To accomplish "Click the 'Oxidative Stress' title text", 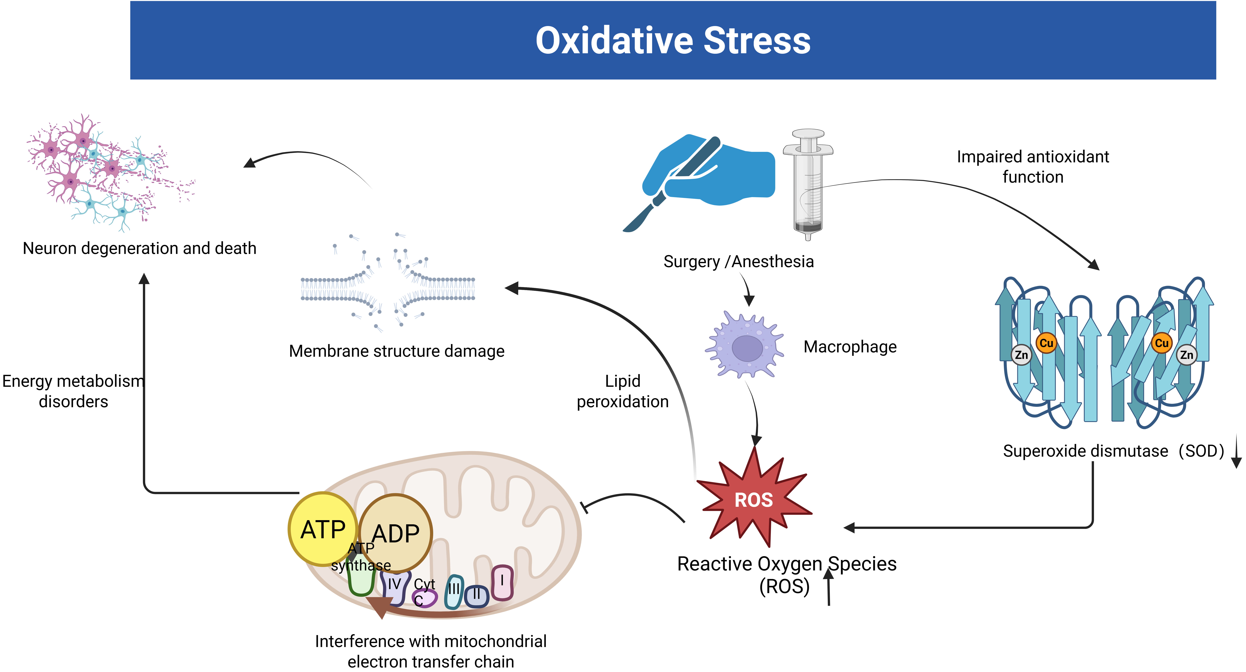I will point(673,41).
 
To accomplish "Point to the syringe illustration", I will point(808,184).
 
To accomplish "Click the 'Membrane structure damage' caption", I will point(397,351).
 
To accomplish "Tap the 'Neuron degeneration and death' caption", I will point(139,248).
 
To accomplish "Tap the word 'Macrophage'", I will point(850,347).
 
